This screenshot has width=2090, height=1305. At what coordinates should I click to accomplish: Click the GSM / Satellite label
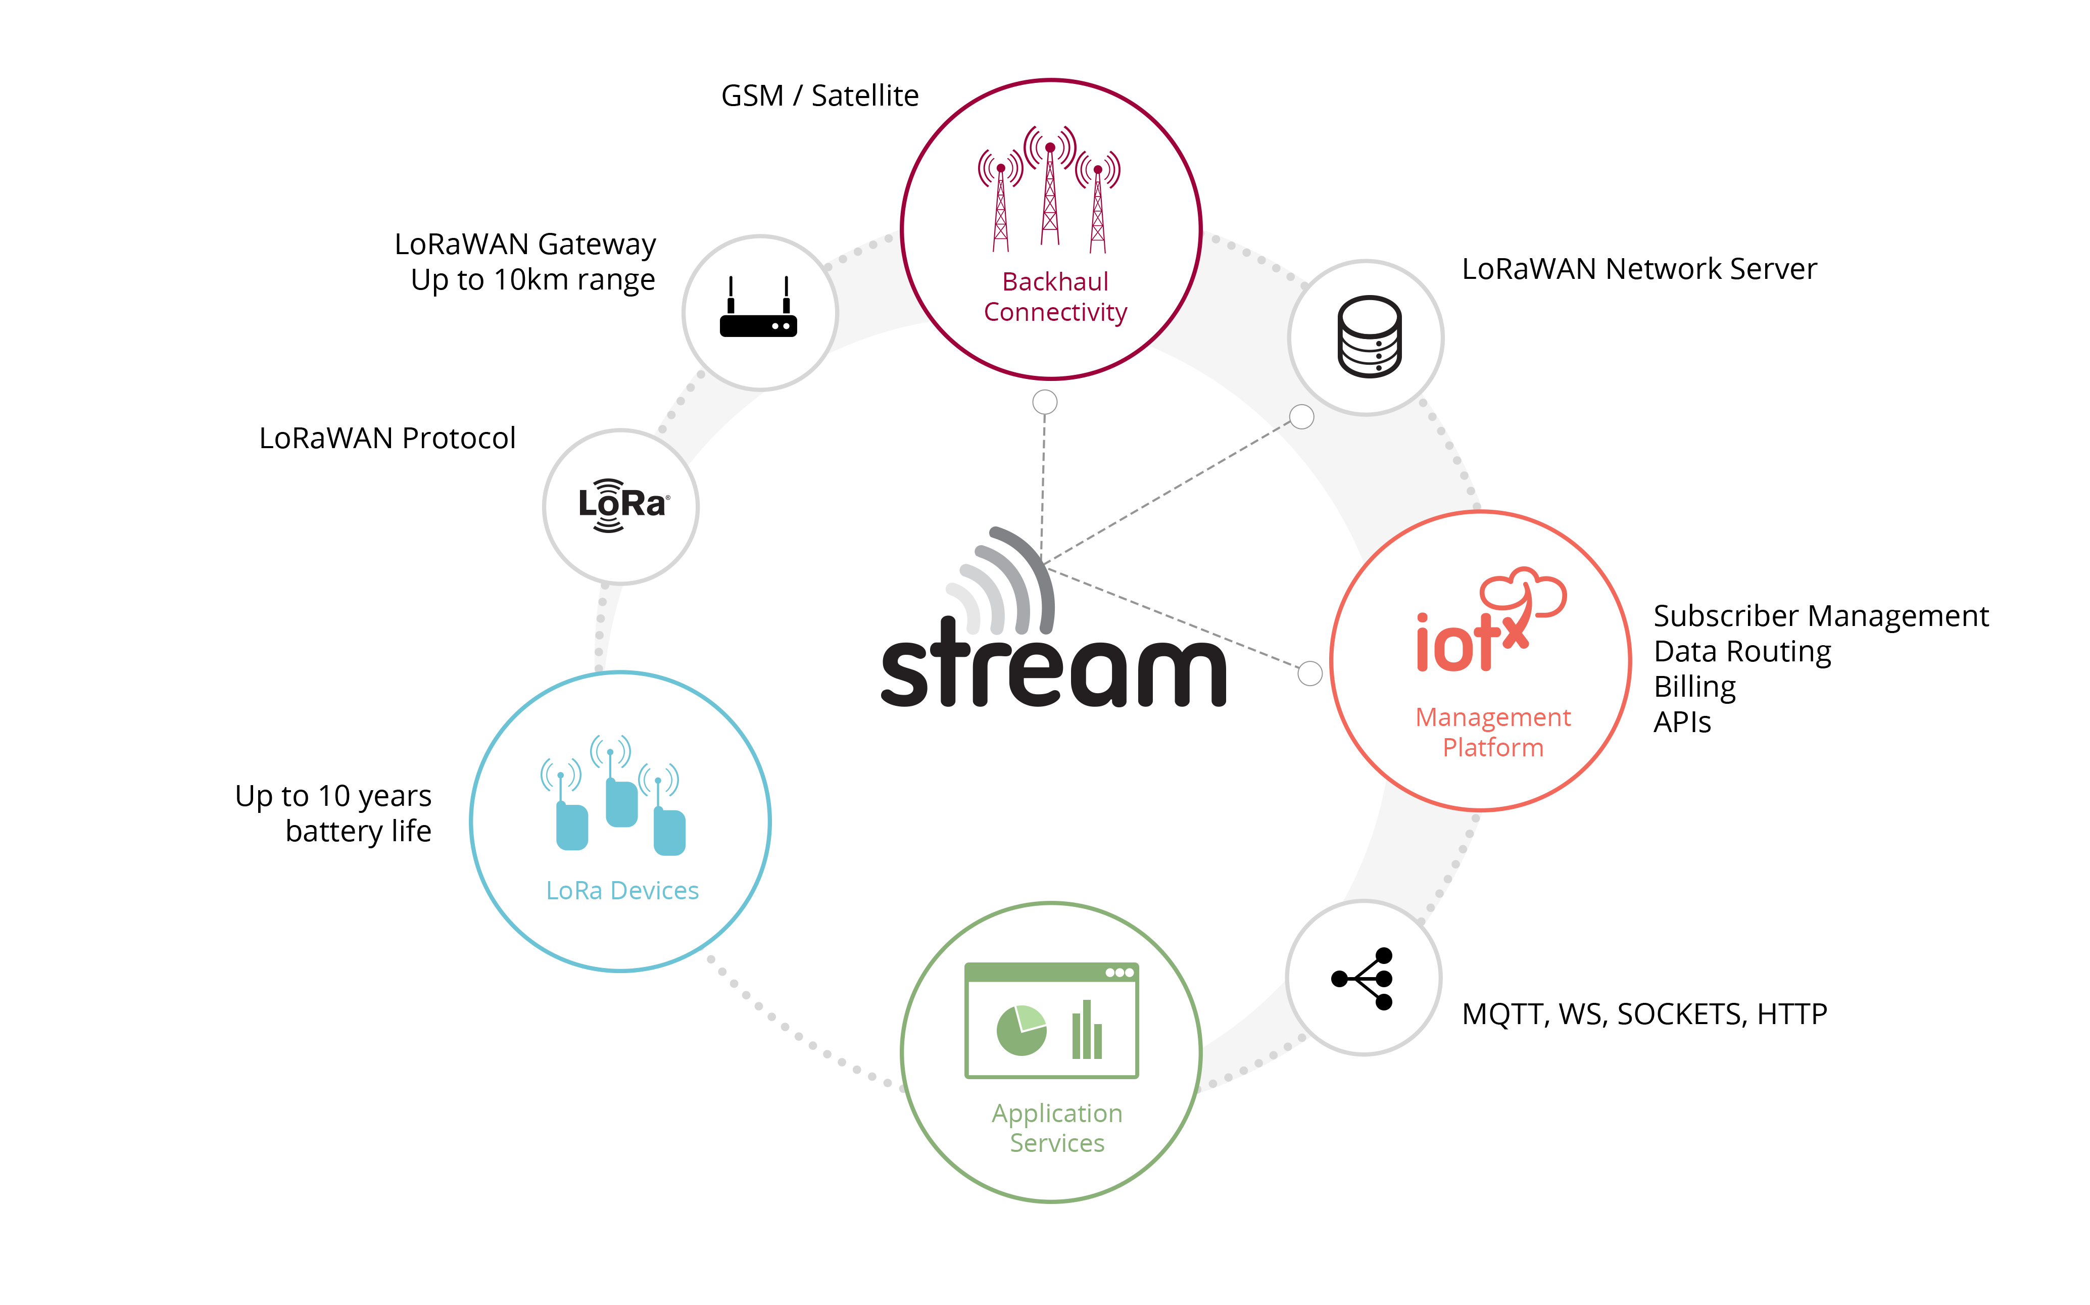coord(820,96)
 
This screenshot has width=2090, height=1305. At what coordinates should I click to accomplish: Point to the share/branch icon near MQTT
coord(1363,978)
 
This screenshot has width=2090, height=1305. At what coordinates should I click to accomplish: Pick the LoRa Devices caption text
coord(622,891)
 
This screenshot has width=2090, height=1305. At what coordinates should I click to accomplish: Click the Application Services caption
coord(1057,1127)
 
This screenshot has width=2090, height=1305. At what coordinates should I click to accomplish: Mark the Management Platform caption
coord(1493,732)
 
